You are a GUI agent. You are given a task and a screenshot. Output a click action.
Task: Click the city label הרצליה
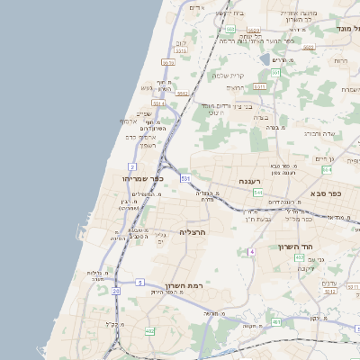(193, 232)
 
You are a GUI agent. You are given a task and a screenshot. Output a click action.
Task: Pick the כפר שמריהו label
(142, 179)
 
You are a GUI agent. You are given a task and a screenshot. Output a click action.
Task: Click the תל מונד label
(346, 29)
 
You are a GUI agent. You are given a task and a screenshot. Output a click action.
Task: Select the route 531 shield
(184, 179)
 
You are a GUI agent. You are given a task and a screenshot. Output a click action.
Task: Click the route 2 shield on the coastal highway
(132, 167)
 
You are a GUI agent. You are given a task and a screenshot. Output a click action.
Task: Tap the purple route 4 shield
(253, 252)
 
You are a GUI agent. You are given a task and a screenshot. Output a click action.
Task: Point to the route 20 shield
(115, 291)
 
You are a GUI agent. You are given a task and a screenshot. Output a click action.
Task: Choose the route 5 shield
(140, 283)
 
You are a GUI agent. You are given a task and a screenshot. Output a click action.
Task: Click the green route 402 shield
(300, 257)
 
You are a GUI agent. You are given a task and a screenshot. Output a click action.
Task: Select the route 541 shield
(257, 192)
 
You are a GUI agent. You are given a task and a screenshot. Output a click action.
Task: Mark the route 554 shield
(326, 169)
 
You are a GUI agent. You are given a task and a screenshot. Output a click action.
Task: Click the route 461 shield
(275, 321)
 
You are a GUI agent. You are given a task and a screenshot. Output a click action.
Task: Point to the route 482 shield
(149, 331)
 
